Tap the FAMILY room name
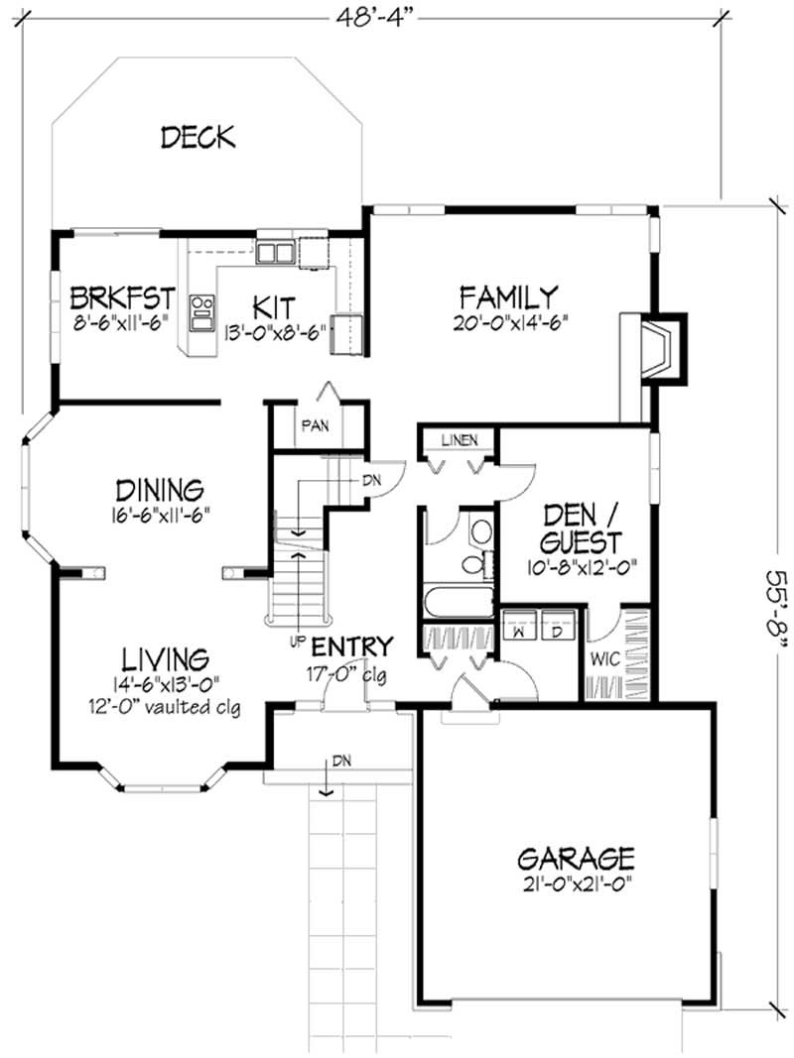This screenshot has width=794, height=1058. point(509,295)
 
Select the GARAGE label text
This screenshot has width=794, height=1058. point(576,857)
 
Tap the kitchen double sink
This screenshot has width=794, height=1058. point(275,253)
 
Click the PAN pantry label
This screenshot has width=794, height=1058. point(316,426)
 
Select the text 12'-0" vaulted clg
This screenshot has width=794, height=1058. point(166,707)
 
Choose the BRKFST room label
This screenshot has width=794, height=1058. point(122,296)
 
